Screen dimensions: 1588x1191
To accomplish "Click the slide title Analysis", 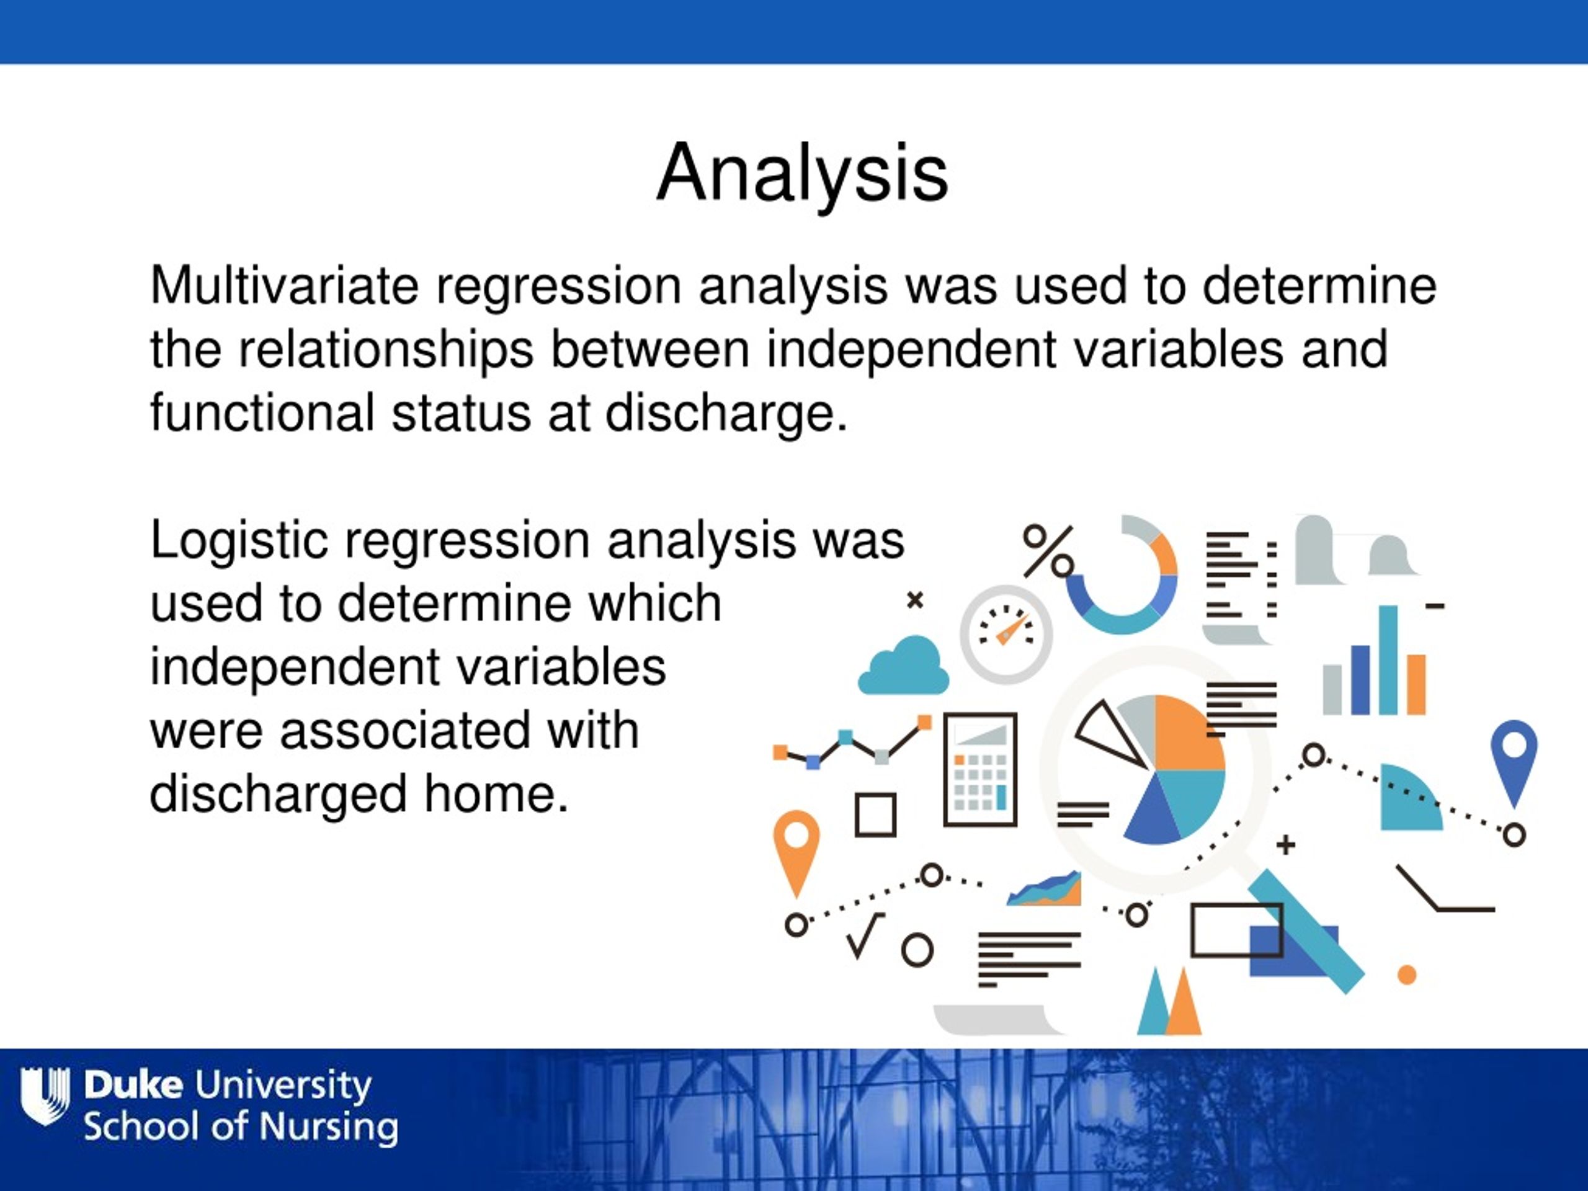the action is coord(802,174).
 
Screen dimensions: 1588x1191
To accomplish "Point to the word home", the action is coord(497,794).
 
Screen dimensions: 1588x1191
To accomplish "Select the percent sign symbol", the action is coord(1049,551).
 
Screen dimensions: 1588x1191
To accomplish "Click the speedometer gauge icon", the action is coord(1006,634).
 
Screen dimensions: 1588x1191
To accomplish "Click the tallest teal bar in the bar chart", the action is coord(1388,660).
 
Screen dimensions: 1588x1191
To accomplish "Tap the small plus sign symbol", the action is coord(1286,845).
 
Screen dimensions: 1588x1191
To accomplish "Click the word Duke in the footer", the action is coord(133,1085).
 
